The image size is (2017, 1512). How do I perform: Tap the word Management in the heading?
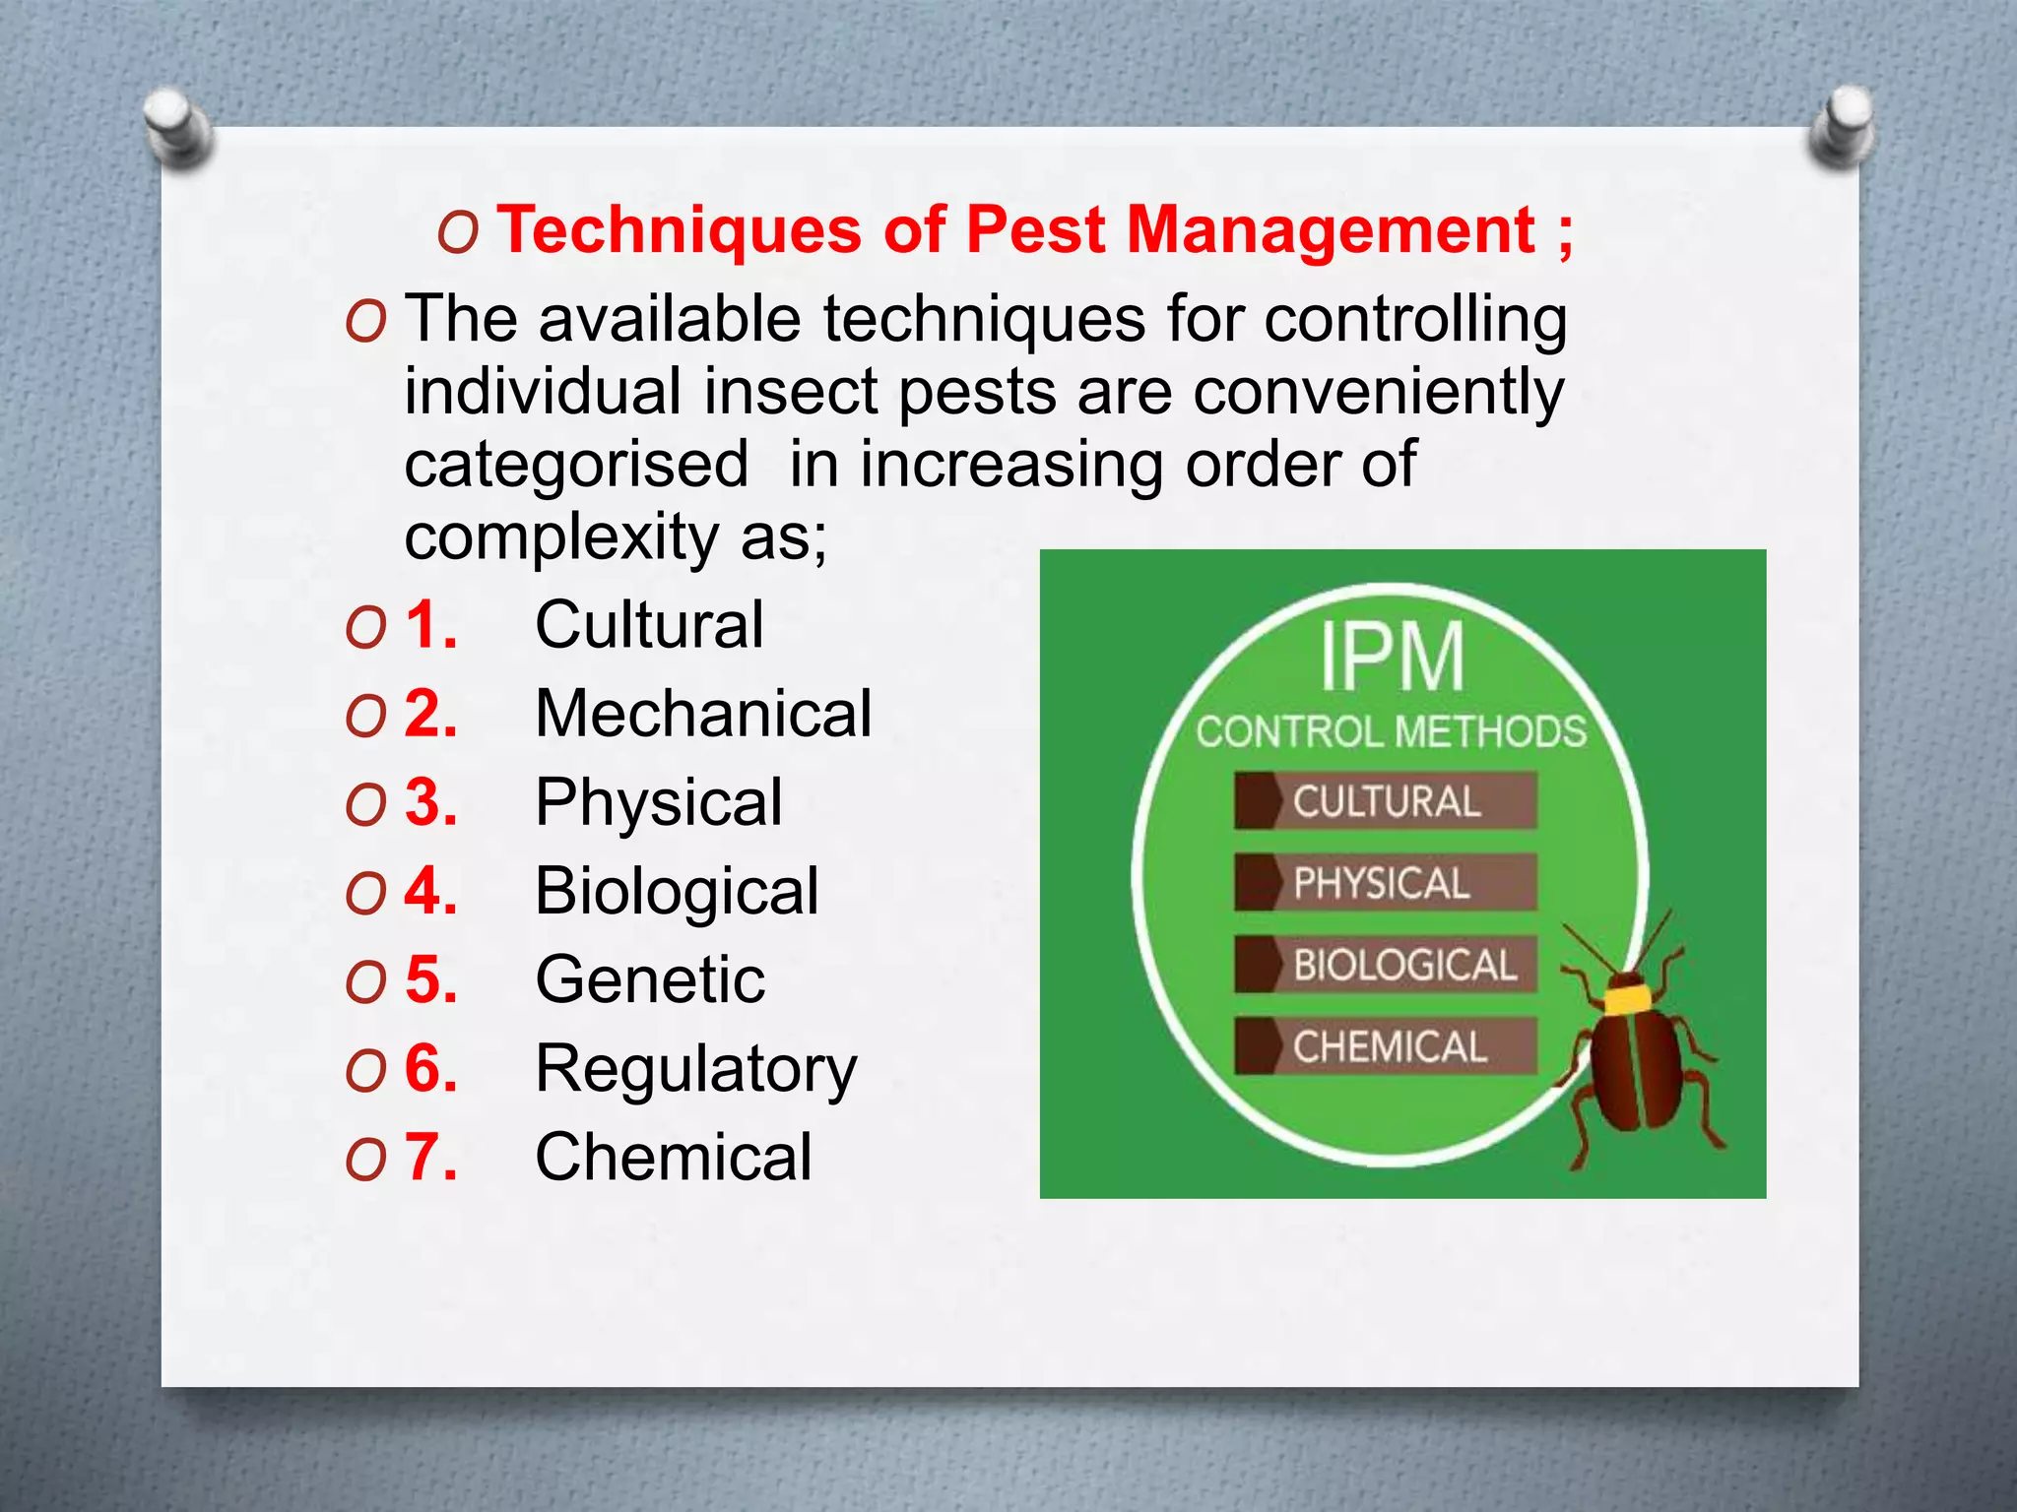click(x=1330, y=231)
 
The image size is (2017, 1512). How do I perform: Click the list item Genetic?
click(x=650, y=979)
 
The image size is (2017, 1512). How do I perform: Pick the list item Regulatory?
click(x=696, y=1070)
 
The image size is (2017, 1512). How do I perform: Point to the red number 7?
click(x=430, y=1157)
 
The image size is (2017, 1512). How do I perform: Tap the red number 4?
click(x=430, y=891)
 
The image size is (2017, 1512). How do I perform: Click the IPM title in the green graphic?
click(x=1392, y=657)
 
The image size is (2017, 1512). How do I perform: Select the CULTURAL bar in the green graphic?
click(x=1385, y=801)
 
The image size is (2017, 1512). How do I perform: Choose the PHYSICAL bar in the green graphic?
click(x=1385, y=883)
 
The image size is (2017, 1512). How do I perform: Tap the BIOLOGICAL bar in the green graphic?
click(x=1385, y=965)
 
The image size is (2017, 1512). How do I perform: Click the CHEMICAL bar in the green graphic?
click(x=1385, y=1046)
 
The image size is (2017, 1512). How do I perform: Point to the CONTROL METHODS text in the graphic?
click(x=1392, y=732)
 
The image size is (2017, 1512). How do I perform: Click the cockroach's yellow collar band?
click(x=1627, y=998)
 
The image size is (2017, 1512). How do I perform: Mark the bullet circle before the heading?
click(x=458, y=233)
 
